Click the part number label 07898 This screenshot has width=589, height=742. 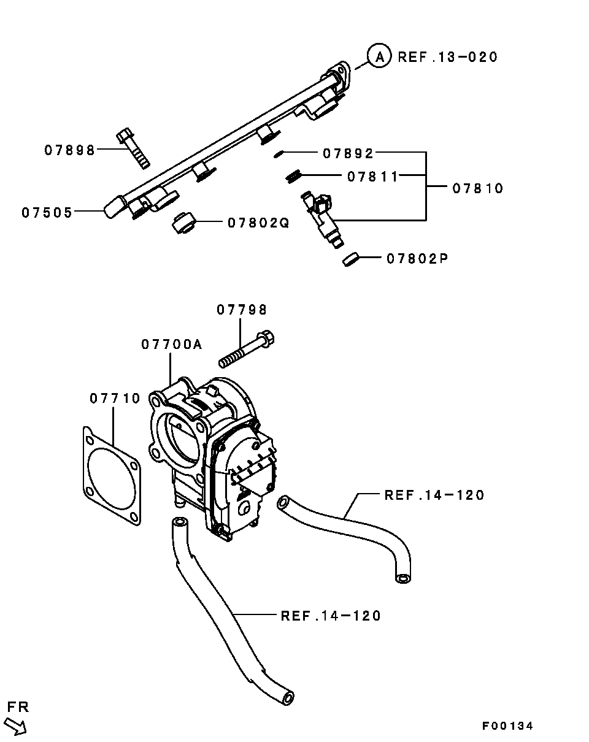pos(69,150)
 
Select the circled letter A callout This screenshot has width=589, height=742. pos(379,56)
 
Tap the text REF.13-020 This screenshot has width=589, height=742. pos(447,57)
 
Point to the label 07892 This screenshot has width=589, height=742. pos(348,153)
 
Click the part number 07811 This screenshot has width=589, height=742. pos(372,177)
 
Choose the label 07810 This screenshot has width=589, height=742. pos(478,188)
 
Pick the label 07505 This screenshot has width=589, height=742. pos(47,212)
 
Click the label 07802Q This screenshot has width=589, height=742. pos(258,223)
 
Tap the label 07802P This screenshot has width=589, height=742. pos(417,258)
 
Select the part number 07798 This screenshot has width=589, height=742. pos(242,310)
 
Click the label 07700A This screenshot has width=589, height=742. pos(172,344)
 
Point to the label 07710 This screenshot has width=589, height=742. pos(115,398)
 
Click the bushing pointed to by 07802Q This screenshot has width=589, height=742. pos(184,223)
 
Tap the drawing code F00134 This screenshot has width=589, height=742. pos(507,726)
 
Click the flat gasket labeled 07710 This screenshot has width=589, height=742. pos(112,476)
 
